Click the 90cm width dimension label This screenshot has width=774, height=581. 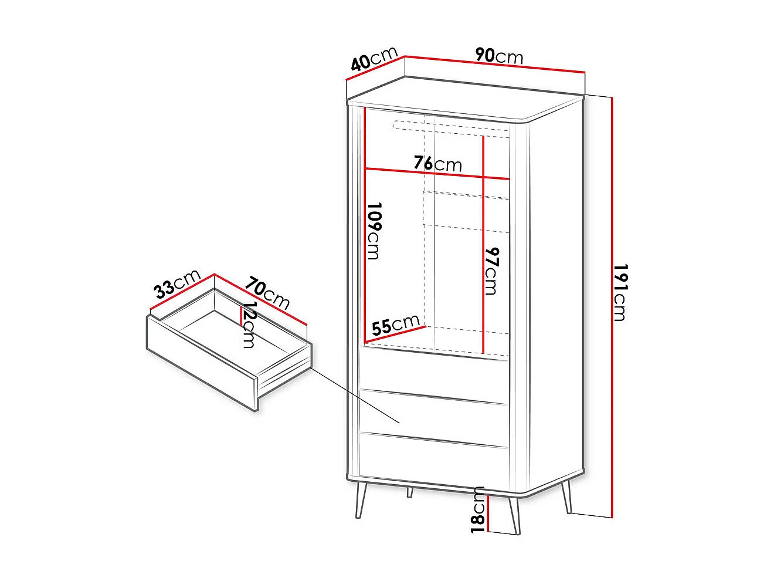click(499, 56)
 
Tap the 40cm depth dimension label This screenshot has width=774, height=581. click(374, 59)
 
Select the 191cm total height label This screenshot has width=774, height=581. click(620, 292)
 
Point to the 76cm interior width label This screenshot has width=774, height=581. click(437, 163)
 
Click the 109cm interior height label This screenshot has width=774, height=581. click(374, 231)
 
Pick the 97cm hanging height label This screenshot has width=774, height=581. click(491, 271)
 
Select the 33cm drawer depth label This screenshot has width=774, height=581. click(176, 283)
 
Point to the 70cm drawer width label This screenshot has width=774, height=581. click(267, 292)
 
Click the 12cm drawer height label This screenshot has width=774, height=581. click(249, 325)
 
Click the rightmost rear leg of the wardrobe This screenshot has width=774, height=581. click(566, 496)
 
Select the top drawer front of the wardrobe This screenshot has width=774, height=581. click(434, 373)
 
